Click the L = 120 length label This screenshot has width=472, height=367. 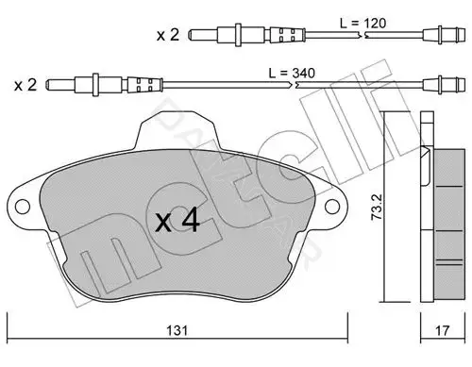pos(362,24)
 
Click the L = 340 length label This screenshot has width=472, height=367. pos(292,73)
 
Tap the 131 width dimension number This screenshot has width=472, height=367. pos(177,330)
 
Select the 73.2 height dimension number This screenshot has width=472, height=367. pos(377,207)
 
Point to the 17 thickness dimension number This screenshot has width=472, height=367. pos(442,330)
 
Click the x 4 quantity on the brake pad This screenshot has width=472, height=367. pos(177,221)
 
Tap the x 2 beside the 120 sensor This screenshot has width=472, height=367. pos(168,35)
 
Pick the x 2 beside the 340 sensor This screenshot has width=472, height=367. pos(25,85)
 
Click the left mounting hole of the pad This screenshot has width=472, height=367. pos(23,207)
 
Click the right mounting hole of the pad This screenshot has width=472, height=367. pos(332,207)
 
